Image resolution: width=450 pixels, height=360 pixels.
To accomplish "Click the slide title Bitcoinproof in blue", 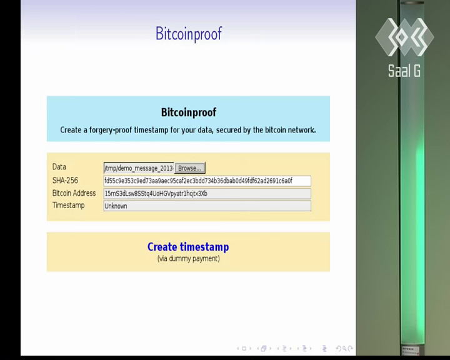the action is tap(189, 34).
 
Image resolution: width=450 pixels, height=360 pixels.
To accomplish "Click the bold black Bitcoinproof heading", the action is tap(189, 112).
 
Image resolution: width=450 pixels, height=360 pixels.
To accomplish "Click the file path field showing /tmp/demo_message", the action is tap(139, 168).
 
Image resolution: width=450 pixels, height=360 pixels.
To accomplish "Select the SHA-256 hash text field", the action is tap(207, 181).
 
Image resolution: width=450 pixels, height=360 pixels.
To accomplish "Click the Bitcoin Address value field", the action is tap(207, 194).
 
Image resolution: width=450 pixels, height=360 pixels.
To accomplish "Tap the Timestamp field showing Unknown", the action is tap(207, 206).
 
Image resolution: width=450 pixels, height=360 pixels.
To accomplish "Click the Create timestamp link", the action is tap(188, 247).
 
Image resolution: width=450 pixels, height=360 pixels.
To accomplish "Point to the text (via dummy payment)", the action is tap(189, 259).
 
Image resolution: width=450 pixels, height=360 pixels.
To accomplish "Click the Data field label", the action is tap(59, 167).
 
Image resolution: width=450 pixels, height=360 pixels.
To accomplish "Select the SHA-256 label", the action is tap(65, 180).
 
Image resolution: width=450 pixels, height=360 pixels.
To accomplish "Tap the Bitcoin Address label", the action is tap(74, 193).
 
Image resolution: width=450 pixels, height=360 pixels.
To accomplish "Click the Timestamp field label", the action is tap(68, 205).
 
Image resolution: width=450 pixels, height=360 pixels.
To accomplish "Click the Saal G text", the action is tap(404, 71).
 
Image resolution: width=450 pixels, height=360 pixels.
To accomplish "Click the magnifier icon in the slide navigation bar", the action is tap(344, 349).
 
